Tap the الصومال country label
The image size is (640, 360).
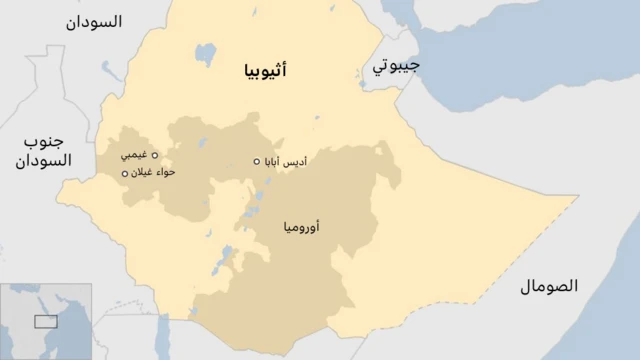(549, 287)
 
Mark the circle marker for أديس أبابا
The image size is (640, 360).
(257, 162)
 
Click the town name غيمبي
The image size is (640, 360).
(133, 155)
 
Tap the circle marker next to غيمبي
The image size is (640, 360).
(154, 155)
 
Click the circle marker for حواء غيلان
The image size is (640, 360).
(125, 174)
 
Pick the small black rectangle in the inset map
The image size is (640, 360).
(44, 321)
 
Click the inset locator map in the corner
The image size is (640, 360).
(46, 321)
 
